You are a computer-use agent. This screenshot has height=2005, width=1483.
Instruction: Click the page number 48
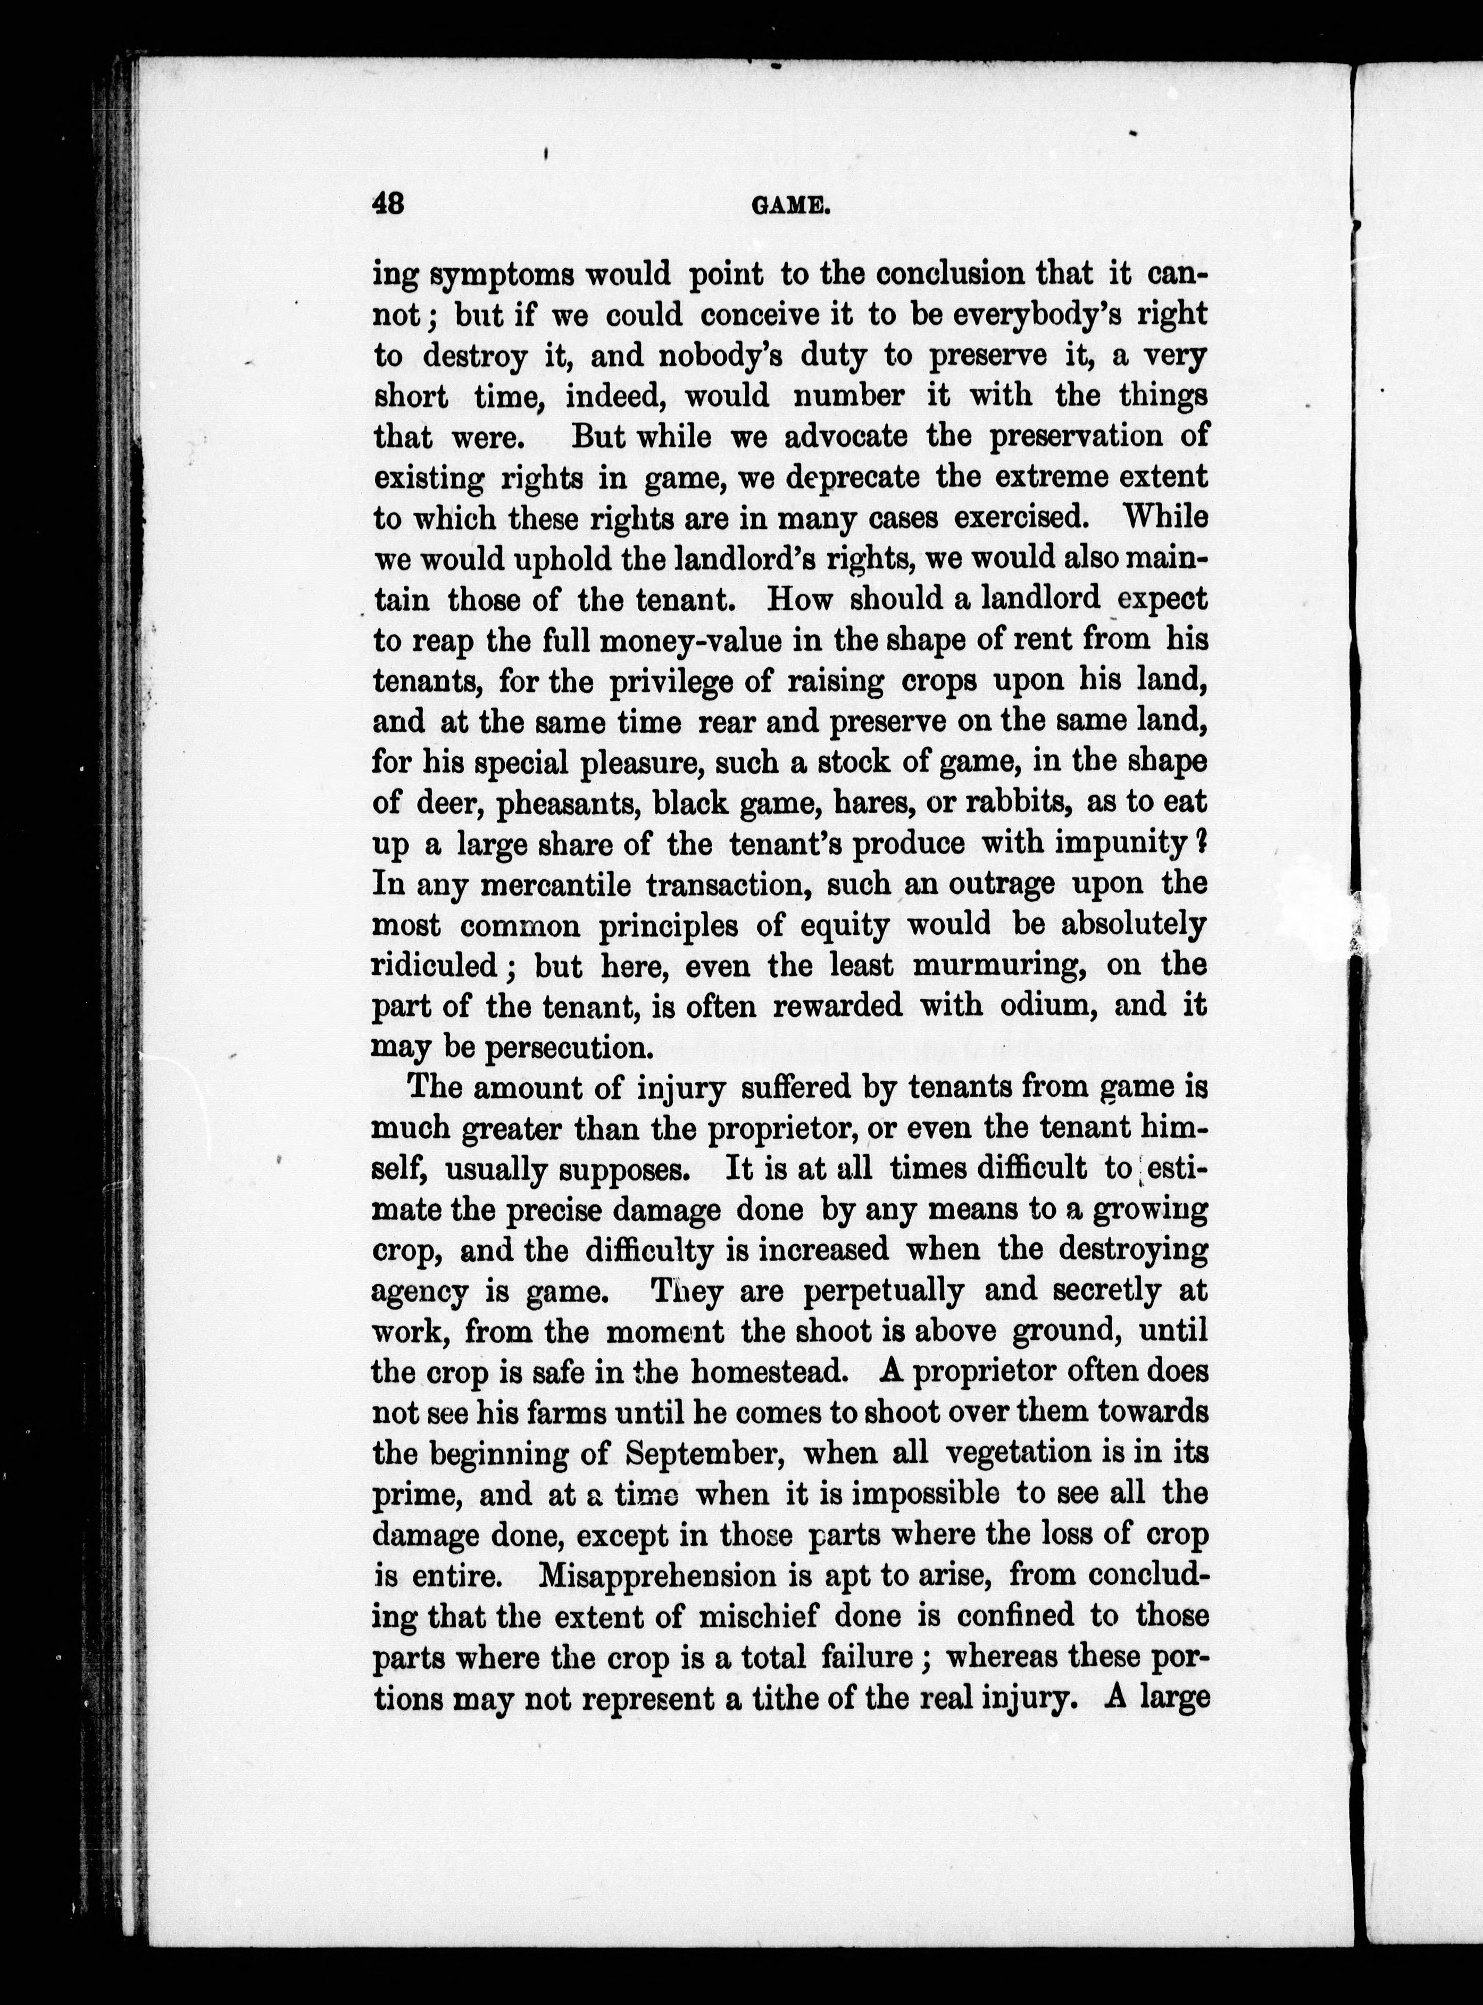pos(389,205)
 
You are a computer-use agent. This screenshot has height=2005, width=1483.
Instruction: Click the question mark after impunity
pos(1200,842)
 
